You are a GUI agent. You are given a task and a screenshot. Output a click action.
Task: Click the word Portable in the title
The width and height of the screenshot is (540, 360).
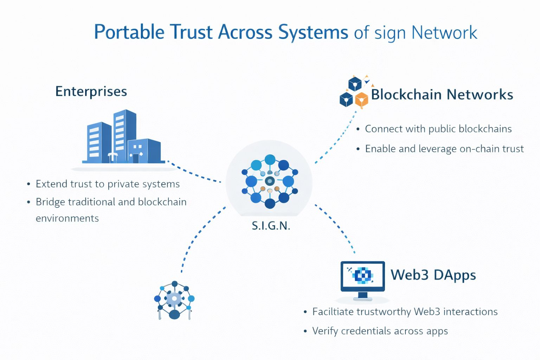129,32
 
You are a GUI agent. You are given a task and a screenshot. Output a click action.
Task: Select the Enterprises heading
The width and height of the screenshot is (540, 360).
91,91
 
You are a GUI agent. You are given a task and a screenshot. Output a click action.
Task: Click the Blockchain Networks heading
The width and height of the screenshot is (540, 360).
442,95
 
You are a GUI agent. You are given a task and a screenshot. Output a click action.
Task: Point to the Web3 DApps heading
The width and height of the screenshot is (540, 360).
433,275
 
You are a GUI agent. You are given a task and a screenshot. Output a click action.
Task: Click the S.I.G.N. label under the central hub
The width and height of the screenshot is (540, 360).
271,226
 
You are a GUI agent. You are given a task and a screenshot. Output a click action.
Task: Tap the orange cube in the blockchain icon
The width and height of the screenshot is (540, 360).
361,99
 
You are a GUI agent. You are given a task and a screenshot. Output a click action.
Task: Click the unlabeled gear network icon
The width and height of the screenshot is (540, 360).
174,300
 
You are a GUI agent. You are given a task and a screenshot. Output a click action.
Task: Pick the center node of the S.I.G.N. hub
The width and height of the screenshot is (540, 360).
270,181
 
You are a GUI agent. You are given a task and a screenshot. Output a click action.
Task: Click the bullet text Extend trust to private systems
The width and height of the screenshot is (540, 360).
108,184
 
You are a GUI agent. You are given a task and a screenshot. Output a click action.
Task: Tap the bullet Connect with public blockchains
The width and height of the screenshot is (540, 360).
438,129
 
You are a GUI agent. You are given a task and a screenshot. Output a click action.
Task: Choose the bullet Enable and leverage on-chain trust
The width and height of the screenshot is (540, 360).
444,149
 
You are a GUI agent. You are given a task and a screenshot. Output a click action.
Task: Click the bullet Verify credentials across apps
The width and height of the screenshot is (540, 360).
380,331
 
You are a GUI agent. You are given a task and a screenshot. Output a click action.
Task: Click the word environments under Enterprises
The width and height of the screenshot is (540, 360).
67,218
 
